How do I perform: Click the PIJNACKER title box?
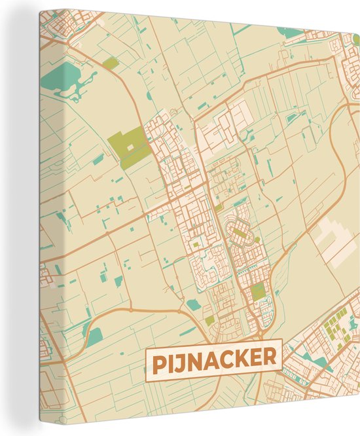[213, 359]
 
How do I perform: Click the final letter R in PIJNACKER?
[269, 358]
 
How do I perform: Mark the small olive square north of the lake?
[111, 64]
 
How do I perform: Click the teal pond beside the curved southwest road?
[96, 335]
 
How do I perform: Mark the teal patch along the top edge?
[289, 31]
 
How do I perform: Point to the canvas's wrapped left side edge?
[34, 216]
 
